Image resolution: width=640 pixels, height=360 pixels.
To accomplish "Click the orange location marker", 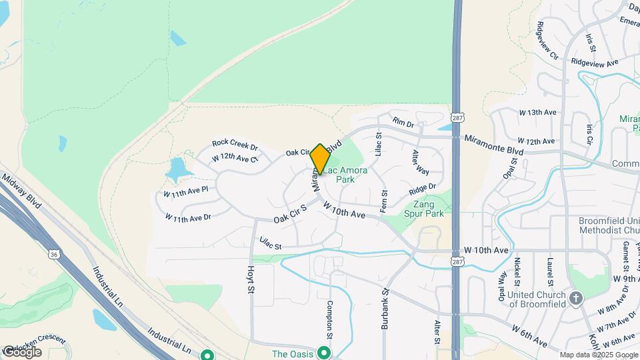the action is (x=320, y=159).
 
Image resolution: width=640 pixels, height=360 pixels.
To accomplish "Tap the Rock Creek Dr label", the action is (x=235, y=143).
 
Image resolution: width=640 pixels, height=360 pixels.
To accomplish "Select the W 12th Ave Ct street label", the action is (x=235, y=158).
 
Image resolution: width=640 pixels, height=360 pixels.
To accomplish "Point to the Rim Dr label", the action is (x=403, y=123).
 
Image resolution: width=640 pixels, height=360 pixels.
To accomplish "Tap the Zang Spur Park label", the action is (x=424, y=209).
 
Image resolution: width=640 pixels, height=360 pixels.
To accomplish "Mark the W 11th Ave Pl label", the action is (x=186, y=191).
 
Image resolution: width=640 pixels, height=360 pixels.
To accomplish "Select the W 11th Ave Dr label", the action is (x=188, y=218).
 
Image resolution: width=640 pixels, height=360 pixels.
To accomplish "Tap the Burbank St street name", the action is (x=385, y=308).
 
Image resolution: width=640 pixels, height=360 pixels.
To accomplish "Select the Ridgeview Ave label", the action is (x=595, y=63).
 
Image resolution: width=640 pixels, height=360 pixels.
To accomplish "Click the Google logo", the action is (x=22, y=351).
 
